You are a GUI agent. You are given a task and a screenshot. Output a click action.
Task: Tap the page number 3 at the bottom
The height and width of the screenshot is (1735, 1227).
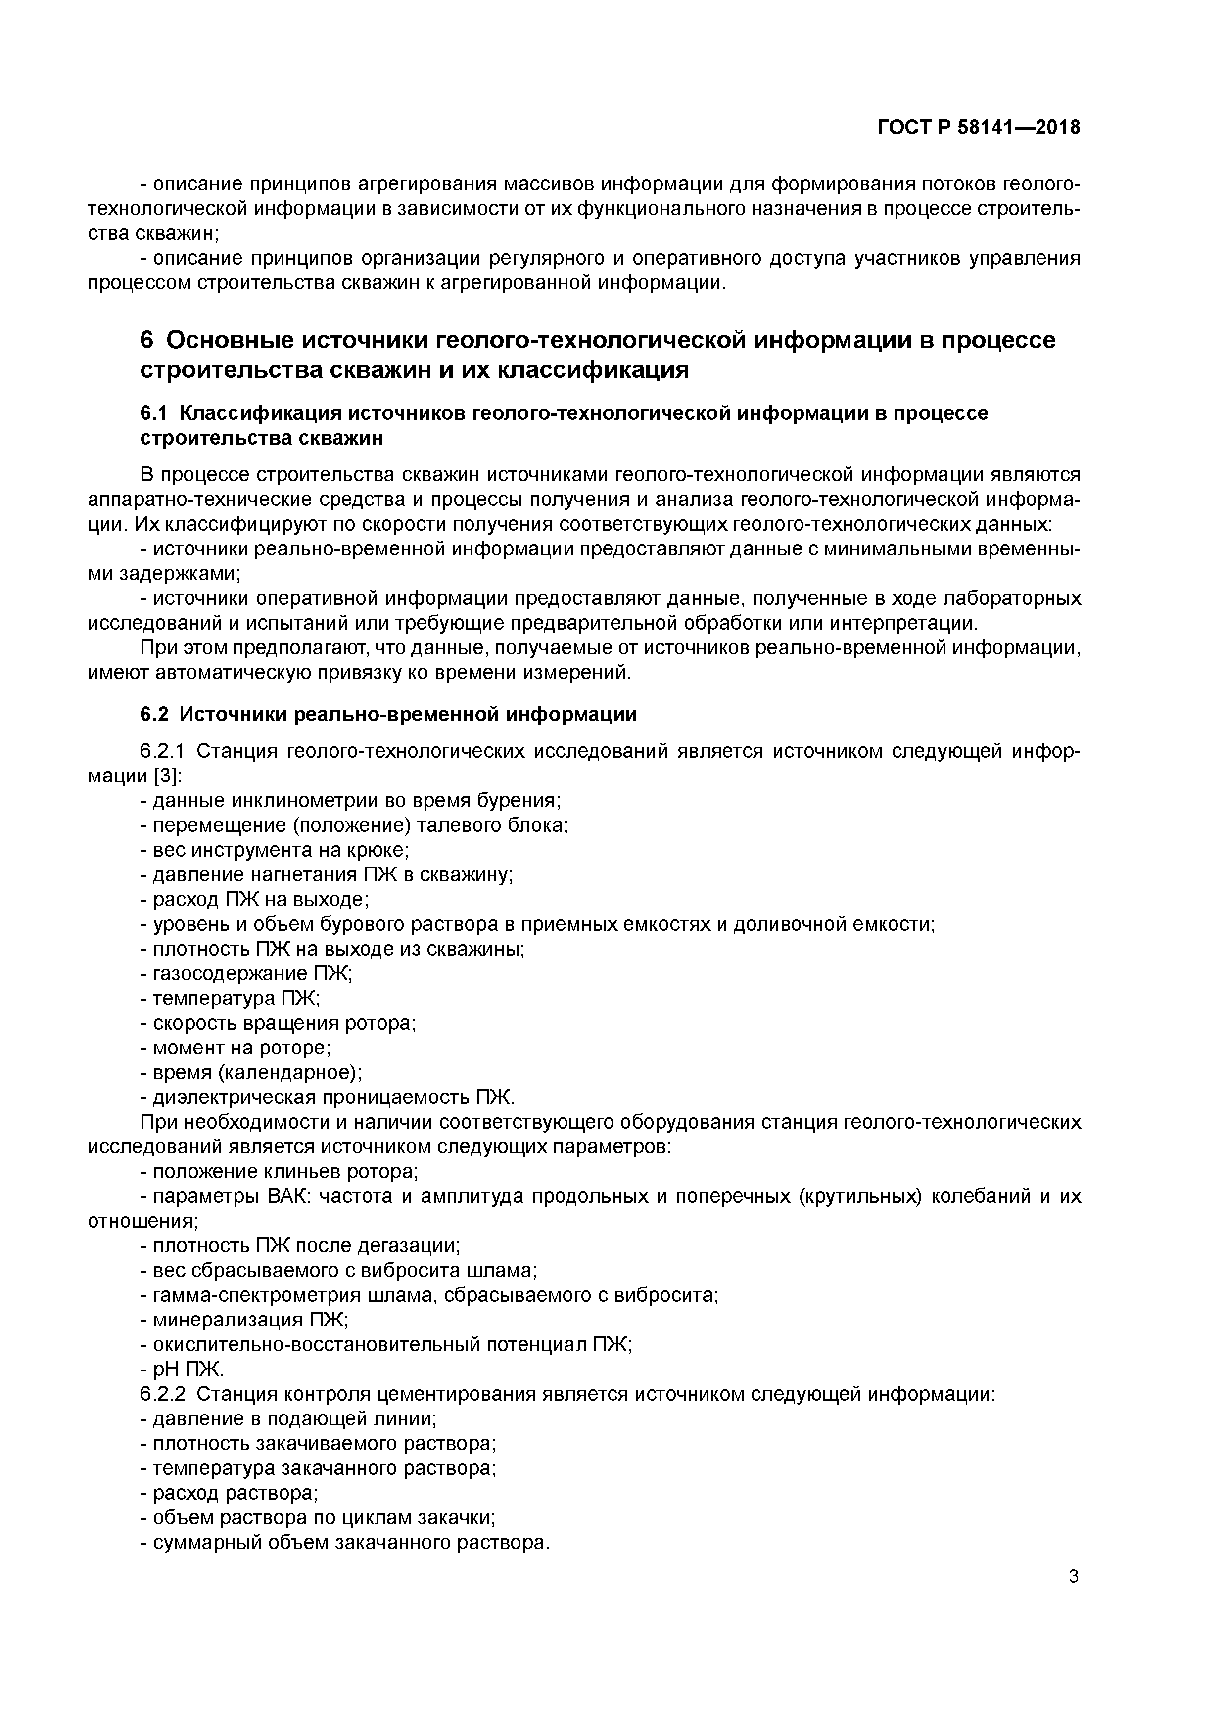click(1074, 1576)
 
